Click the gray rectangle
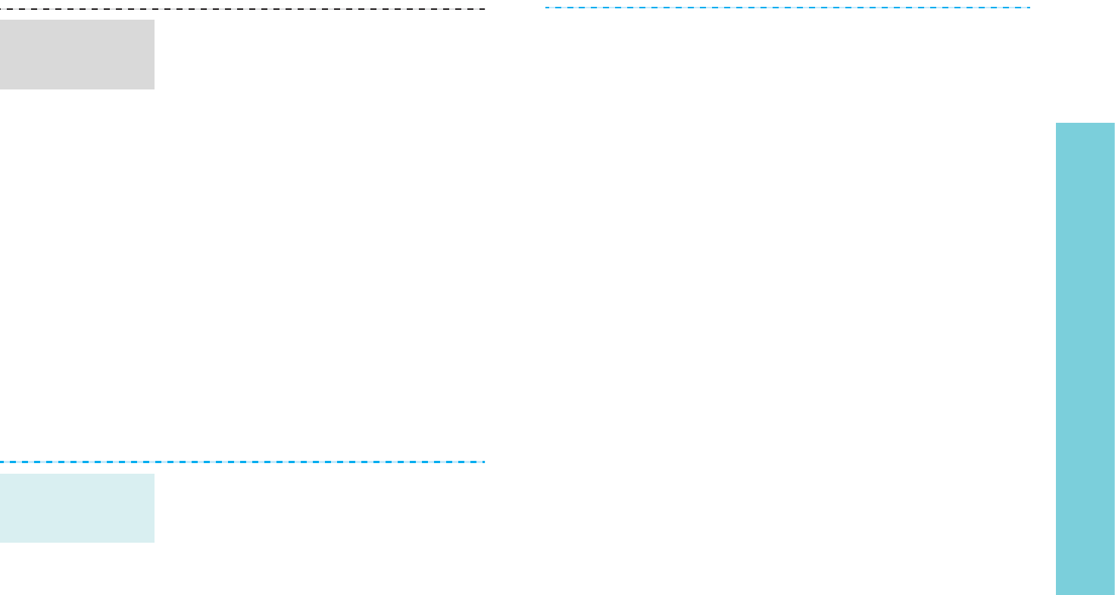(x=77, y=55)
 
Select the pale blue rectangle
(x=77, y=508)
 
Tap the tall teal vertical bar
(x=1085, y=359)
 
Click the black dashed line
(x=242, y=9)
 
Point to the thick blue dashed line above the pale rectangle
(x=242, y=462)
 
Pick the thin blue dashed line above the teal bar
(x=788, y=8)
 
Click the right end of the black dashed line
(x=484, y=9)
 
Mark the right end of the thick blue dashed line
(x=484, y=462)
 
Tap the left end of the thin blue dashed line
(x=546, y=8)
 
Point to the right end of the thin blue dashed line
(x=1029, y=8)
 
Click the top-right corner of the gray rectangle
(x=154, y=20)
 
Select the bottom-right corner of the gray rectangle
(x=154, y=89)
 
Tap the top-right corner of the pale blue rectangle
(x=154, y=474)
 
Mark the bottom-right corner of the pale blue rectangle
(x=154, y=542)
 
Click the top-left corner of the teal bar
(x=1057, y=124)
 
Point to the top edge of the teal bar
(x=1085, y=124)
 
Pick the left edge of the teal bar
(x=1057, y=359)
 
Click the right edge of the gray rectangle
(x=154, y=55)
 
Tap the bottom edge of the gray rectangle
(x=77, y=89)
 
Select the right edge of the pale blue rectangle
(x=154, y=508)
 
